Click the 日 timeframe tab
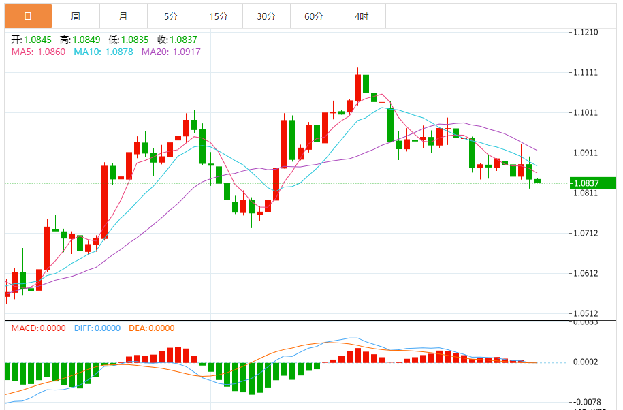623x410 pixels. coord(27,16)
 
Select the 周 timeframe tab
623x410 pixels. coord(75,16)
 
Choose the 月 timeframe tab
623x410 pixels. coord(123,16)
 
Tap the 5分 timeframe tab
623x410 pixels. coord(170,16)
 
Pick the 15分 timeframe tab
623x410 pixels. coord(218,16)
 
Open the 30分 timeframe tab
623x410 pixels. coord(266,16)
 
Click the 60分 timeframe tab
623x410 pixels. coord(314,16)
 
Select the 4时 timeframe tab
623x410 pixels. coord(362,16)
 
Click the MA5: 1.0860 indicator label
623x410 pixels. coord(38,52)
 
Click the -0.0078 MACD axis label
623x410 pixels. coord(587,402)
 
